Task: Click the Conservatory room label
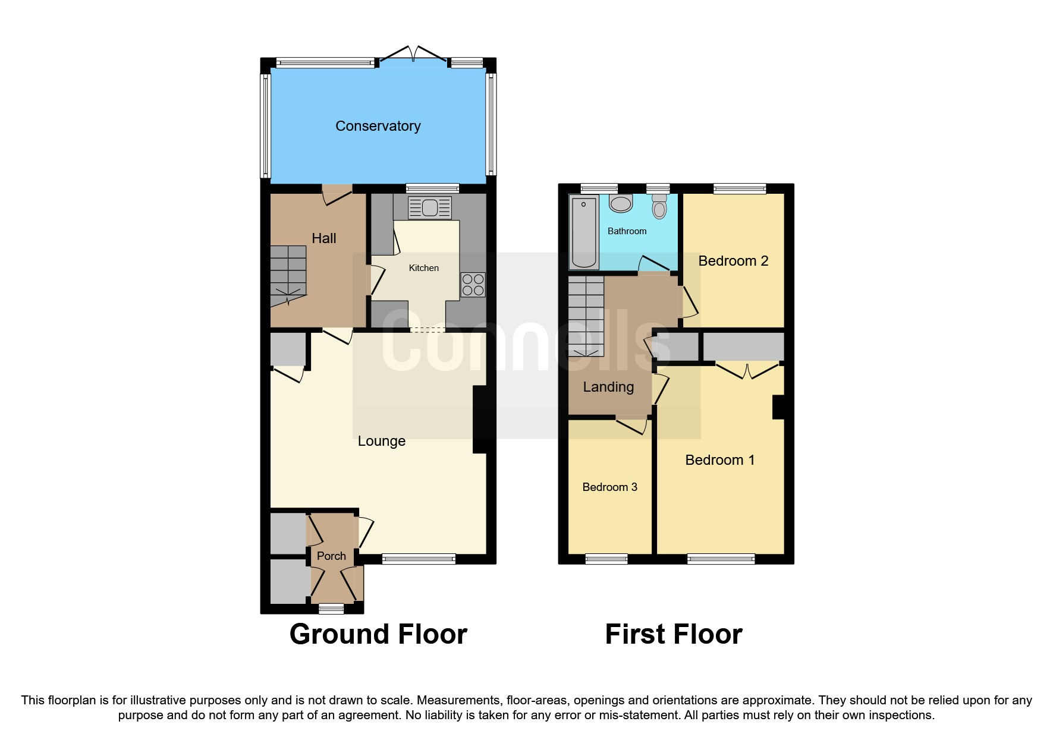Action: coord(378,126)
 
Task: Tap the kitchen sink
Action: coord(429,208)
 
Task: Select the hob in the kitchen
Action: coord(473,285)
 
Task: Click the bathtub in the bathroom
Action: coord(583,232)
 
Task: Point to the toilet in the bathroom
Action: coord(659,207)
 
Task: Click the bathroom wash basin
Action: coord(621,204)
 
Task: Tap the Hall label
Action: coord(323,238)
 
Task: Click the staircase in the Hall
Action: coord(288,275)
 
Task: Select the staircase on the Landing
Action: coord(586,316)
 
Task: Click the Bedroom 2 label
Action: coord(733,261)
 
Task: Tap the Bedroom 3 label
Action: coord(609,487)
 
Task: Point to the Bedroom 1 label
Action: coord(719,460)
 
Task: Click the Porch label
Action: coord(331,556)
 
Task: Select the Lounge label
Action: coord(381,441)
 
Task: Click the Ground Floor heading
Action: coord(378,634)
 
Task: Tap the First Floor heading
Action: coord(673,634)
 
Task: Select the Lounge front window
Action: coord(419,559)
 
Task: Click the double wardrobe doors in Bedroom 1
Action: coord(747,370)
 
